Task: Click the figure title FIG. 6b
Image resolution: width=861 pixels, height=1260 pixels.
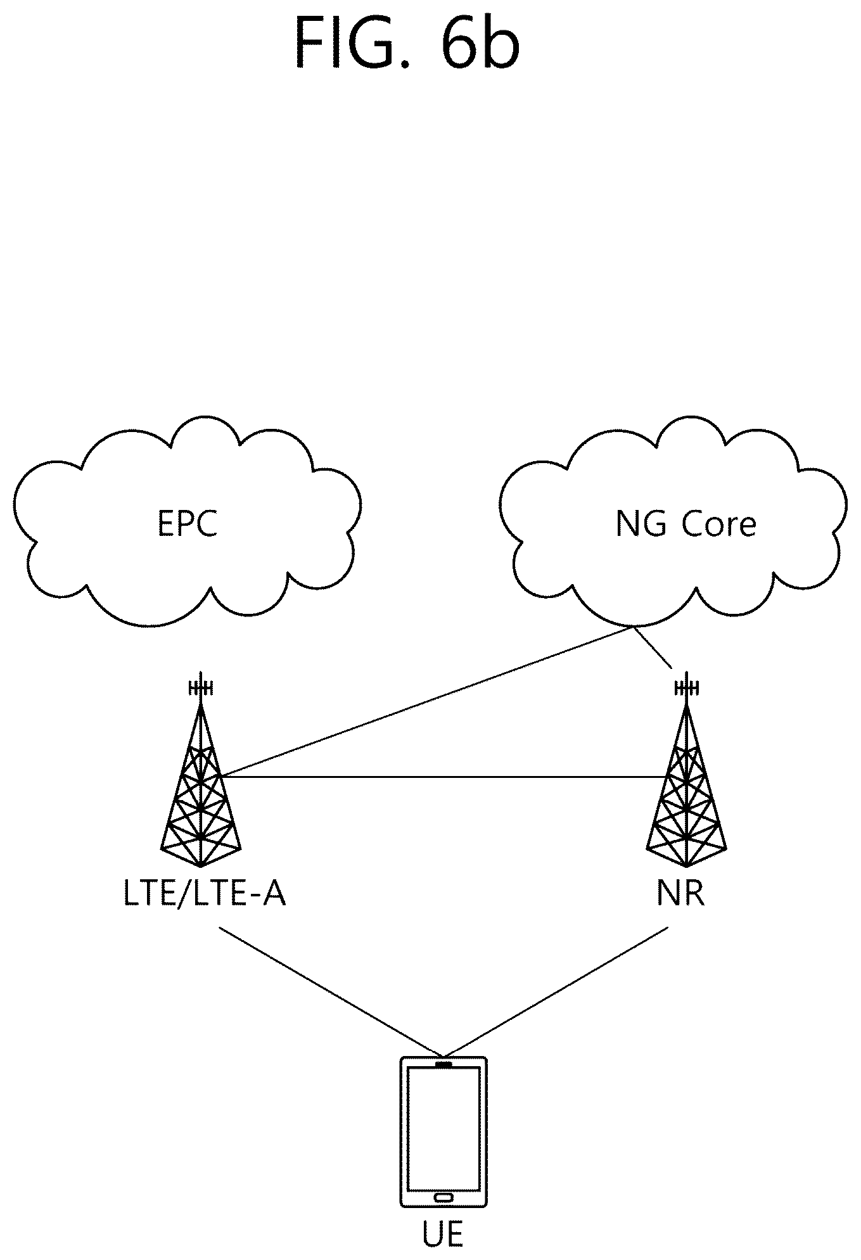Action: tap(407, 43)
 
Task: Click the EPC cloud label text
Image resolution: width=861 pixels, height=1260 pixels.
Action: tap(188, 524)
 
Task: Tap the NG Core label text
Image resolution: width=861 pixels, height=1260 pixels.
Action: tap(686, 525)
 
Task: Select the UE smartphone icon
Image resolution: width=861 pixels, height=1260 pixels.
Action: tap(443, 1131)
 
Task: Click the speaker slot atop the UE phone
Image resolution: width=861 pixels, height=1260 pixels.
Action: tap(443, 1064)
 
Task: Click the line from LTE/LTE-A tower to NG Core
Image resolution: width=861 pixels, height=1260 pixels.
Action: tap(426, 701)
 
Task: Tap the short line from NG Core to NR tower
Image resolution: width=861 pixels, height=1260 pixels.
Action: tap(652, 647)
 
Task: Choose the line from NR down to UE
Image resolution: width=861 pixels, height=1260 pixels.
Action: tap(558, 993)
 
